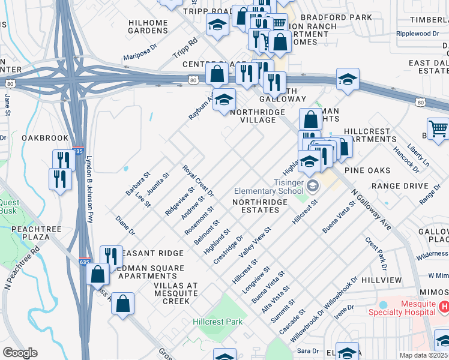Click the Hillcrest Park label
[x=218, y=322]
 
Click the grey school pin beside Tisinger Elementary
[x=313, y=185]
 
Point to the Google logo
[x=20, y=353]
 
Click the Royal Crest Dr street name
[x=198, y=181]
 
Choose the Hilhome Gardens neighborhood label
[x=148, y=27]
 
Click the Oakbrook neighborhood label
[x=38, y=137]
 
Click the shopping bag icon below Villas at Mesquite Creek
[x=123, y=304]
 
